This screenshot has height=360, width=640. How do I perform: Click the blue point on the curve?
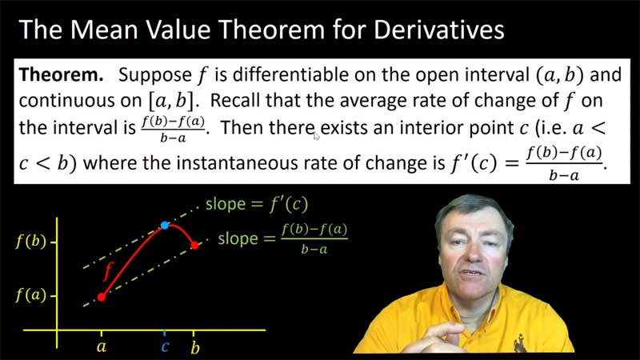tap(165, 226)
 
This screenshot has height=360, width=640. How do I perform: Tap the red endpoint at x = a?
tap(102, 297)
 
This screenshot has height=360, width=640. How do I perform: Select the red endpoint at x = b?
tap(194, 246)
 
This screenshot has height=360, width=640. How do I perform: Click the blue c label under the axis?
tap(165, 347)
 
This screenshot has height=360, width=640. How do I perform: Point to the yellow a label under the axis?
tap(102, 347)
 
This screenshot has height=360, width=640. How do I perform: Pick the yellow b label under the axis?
tap(195, 347)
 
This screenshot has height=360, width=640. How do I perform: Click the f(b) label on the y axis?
tap(30, 242)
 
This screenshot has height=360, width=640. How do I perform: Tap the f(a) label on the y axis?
tap(30, 294)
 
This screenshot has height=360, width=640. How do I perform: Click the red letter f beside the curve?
tap(108, 271)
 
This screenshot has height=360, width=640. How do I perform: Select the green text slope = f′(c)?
tap(257, 204)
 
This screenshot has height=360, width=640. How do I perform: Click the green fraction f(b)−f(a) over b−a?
tap(314, 238)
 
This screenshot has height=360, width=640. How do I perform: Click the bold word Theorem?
tap(62, 74)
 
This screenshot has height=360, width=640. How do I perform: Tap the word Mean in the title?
tap(102, 30)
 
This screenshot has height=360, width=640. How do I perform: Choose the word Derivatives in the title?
tap(438, 30)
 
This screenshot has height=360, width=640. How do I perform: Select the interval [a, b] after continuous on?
tap(172, 101)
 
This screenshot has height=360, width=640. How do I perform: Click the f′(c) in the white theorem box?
tap(474, 163)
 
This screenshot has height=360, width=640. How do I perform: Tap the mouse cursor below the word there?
tap(316, 135)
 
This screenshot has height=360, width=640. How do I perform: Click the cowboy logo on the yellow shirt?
tap(520, 343)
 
